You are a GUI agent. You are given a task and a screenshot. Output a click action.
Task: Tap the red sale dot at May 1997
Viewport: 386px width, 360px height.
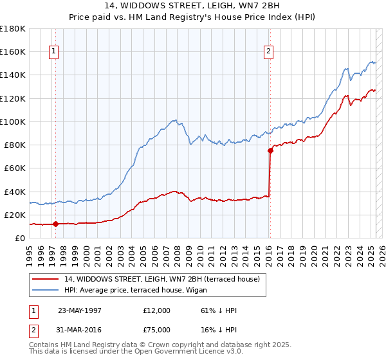coord(56,224)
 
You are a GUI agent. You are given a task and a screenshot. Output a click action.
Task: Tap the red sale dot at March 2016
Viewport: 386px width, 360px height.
coord(270,151)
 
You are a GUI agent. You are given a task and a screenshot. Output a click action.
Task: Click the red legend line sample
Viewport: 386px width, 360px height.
coord(46,279)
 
